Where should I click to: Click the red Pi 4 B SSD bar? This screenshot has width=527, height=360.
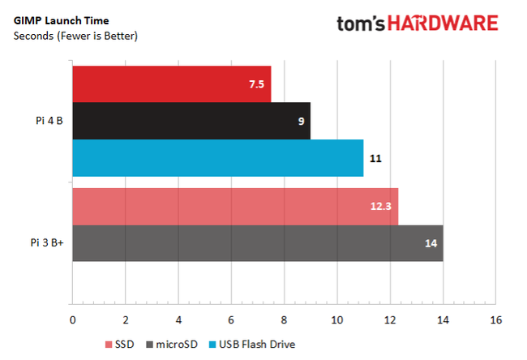click(x=171, y=84)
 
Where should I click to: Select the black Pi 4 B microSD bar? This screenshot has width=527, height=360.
click(x=191, y=121)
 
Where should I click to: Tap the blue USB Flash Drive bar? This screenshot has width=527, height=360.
click(x=217, y=158)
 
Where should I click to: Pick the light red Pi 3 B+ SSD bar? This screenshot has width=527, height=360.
click(x=235, y=206)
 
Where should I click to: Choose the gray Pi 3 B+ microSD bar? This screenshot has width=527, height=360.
click(x=257, y=243)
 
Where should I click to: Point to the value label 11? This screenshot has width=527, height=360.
click(x=375, y=159)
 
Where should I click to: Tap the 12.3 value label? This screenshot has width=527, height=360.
click(x=382, y=207)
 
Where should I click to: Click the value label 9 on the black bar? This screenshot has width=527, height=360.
click(x=300, y=122)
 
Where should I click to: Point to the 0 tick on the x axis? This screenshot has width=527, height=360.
click(x=73, y=320)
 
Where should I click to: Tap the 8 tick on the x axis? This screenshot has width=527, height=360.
click(x=285, y=320)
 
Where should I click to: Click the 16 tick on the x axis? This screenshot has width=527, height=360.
click(x=496, y=320)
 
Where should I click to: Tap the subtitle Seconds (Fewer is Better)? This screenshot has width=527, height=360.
click(x=75, y=36)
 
